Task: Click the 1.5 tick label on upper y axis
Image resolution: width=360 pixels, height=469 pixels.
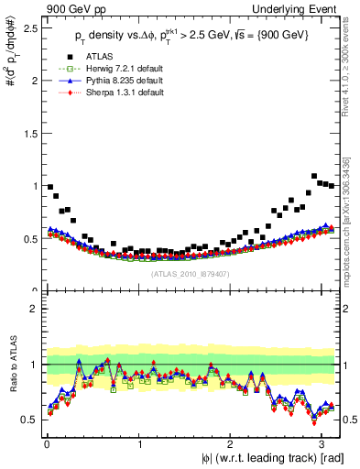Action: pos(28,134)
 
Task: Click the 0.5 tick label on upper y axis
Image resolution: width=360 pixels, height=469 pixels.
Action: pos(28,239)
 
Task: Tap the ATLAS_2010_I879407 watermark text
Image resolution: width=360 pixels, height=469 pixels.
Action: pos(191,272)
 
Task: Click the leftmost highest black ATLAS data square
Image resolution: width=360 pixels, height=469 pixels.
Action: pos(50,187)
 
